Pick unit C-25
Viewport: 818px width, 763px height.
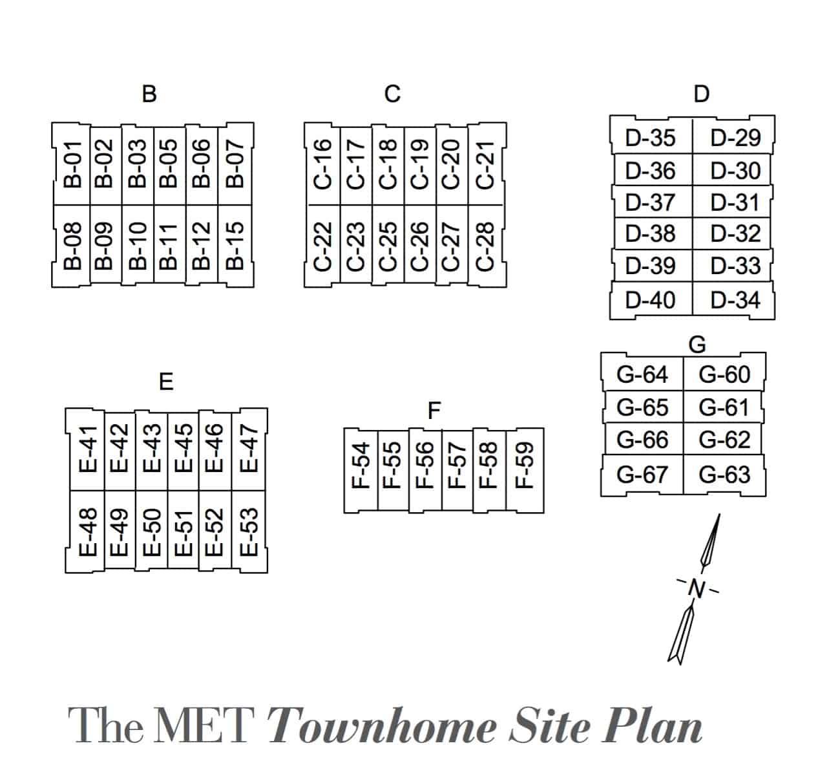(x=388, y=246)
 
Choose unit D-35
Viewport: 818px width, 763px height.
(x=651, y=138)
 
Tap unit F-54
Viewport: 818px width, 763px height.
(x=361, y=470)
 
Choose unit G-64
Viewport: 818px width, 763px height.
(x=642, y=374)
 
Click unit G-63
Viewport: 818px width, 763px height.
(x=724, y=475)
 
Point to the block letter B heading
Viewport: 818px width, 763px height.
(x=149, y=94)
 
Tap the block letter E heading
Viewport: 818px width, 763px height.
(x=166, y=382)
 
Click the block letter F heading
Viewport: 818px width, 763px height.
(x=434, y=410)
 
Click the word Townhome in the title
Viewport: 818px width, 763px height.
(x=382, y=726)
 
